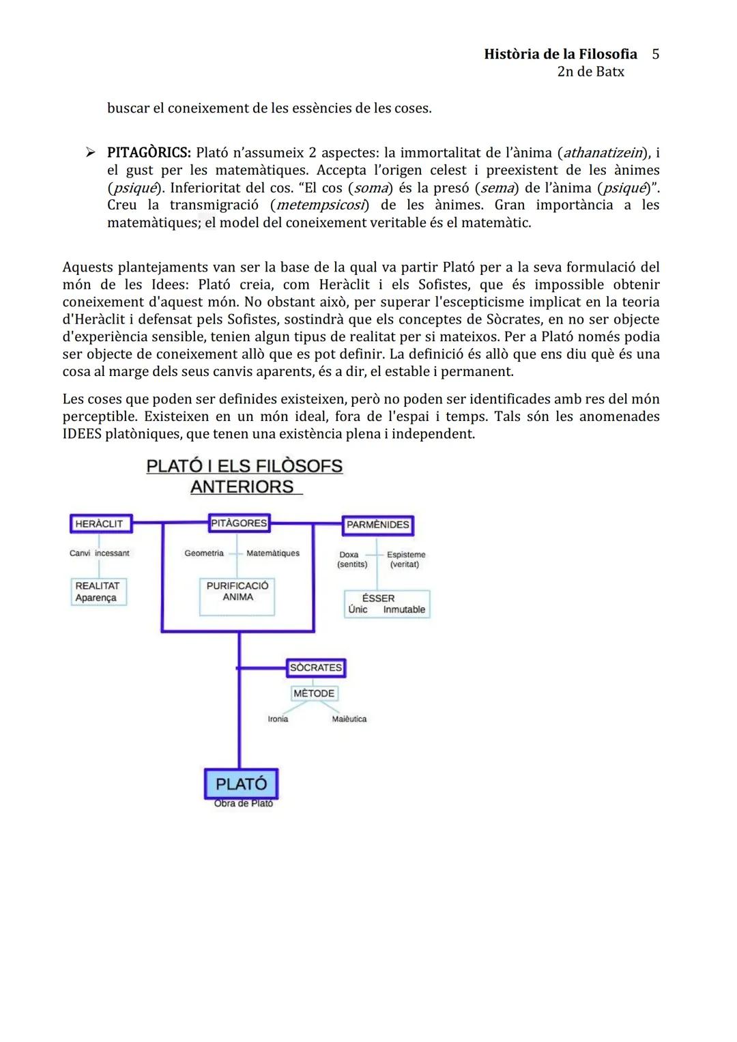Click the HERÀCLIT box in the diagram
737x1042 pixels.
tap(100, 524)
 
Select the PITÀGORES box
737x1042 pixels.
tap(239, 523)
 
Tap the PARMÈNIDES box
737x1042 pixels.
tap(377, 525)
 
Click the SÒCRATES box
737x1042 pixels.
tap(316, 667)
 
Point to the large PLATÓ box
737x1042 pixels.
tap(241, 783)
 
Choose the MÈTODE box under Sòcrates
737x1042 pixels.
tap(314, 693)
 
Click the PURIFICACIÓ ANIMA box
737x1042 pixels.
tap(237, 592)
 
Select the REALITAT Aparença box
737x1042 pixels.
tap(98, 592)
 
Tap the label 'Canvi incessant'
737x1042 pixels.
tap(100, 553)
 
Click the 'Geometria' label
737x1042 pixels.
tap(204, 553)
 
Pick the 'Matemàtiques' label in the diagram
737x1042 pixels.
tap(273, 553)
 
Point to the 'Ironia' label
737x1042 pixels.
tap(278, 719)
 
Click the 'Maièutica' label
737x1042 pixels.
tap(349, 719)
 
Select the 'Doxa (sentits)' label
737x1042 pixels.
tap(352, 560)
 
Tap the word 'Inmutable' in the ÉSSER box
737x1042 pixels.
tap(404, 610)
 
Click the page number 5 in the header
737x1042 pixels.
tap(655, 54)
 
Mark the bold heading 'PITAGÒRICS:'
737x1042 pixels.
tap(149, 152)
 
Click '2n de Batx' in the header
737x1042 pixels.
tap(590, 72)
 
